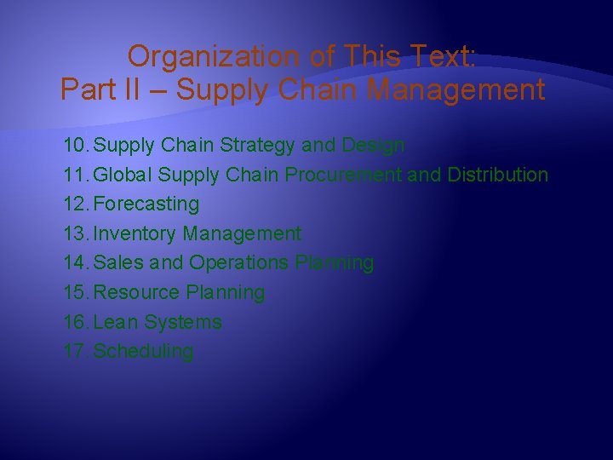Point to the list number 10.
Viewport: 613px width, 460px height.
pos(76,146)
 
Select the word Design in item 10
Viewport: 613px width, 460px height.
pos(373,146)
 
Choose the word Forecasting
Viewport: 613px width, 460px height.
pos(146,204)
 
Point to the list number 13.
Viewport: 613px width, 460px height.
pos(76,233)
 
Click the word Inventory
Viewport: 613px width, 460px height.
pos(129,233)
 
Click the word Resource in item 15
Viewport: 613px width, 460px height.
pos(134,293)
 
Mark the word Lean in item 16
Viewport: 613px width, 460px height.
pos(115,323)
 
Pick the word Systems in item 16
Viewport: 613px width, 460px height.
pos(182,323)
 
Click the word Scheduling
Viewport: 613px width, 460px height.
pos(143,352)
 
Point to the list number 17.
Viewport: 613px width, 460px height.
pos(76,352)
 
